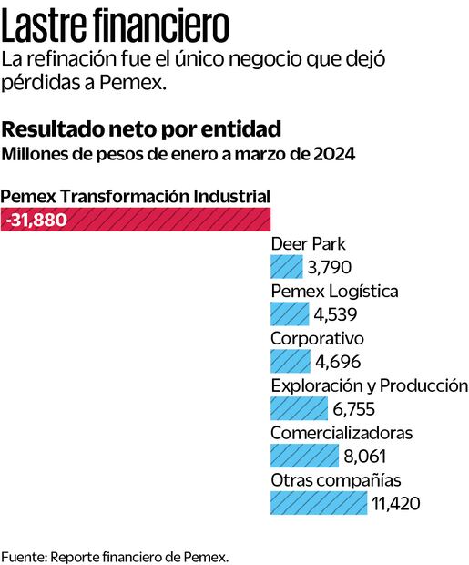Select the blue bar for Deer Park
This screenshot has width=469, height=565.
(286, 267)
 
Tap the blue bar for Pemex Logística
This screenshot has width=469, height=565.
(289, 314)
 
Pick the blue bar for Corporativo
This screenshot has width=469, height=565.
(290, 361)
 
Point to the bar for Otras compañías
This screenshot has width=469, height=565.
(318, 502)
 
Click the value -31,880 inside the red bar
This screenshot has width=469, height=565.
(36, 220)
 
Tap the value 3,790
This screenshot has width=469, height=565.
(329, 267)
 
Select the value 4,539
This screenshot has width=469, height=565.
(334, 314)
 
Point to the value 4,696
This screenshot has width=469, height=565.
(336, 361)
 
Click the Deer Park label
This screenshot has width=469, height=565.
(308, 244)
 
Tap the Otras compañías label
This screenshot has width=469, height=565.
(335, 479)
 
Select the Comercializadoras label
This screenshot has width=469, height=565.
(342, 433)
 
